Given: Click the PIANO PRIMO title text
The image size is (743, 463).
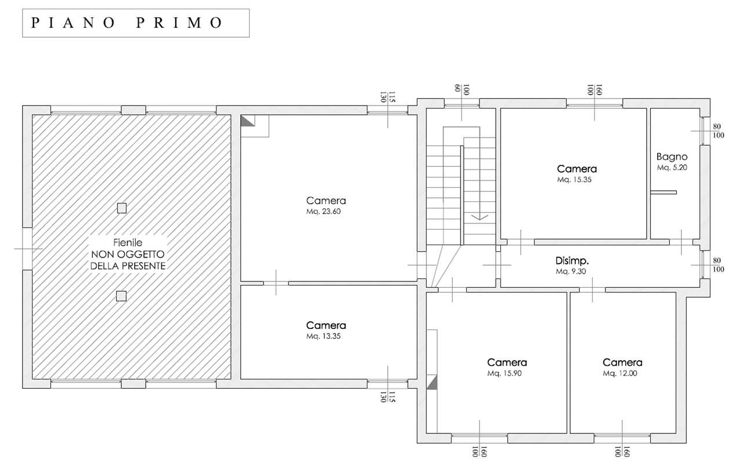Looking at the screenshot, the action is (x=127, y=23).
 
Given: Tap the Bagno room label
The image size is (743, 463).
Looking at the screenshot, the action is (x=672, y=157).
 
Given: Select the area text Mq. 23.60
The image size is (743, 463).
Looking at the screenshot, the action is (x=323, y=212).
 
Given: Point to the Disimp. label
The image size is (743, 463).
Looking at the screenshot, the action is (x=572, y=261).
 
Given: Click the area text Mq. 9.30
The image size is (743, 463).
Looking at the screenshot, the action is (x=571, y=272).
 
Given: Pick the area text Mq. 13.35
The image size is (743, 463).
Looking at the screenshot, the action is (x=323, y=337).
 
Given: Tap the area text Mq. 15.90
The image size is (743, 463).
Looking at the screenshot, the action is (x=504, y=374).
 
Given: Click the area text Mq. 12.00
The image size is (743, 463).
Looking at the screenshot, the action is (x=620, y=374).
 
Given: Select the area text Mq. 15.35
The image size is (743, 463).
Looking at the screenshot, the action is (x=574, y=180).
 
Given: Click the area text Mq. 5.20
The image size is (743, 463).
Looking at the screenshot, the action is (x=672, y=168).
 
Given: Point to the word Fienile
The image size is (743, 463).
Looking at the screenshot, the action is (x=128, y=243).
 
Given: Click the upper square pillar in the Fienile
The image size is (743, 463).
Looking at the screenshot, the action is (x=122, y=208).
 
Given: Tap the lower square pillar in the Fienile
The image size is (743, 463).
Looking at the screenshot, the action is (x=121, y=296).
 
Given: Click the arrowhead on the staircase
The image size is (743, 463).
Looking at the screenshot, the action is (x=479, y=217).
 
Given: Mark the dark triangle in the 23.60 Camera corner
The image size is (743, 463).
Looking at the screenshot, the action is (x=247, y=121).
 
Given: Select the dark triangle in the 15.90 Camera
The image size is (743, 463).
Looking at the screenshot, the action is (x=432, y=383).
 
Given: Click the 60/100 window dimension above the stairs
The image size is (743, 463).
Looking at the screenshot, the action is (x=461, y=89).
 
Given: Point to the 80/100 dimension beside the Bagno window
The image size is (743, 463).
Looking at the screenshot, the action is (x=718, y=131).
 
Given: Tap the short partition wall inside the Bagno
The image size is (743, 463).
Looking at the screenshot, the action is (x=663, y=193).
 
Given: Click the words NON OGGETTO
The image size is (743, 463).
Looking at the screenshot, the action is (x=128, y=255).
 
